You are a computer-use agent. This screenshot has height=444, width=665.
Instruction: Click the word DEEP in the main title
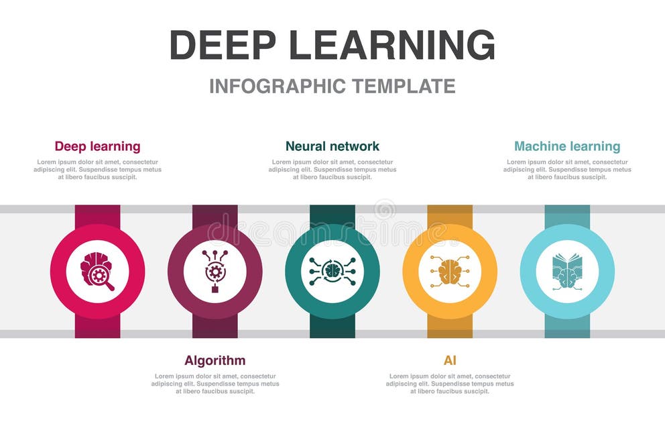(x=222, y=45)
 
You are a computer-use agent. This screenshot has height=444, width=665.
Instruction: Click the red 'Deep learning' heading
(x=97, y=146)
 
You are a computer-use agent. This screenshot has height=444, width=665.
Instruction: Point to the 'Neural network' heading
(x=332, y=146)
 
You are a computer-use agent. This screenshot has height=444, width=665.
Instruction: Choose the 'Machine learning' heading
(x=567, y=146)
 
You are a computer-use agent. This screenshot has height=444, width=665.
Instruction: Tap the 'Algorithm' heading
(x=215, y=360)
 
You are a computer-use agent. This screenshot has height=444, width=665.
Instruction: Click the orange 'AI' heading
(x=450, y=360)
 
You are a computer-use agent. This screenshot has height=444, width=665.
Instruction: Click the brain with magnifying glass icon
(x=97, y=272)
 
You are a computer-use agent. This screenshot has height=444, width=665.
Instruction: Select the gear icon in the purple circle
(x=215, y=272)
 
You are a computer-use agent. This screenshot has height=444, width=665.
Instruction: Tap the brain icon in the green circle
(x=332, y=272)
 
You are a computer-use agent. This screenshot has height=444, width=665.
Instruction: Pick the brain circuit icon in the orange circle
(x=450, y=272)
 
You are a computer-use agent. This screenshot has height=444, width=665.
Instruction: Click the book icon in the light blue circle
(x=567, y=272)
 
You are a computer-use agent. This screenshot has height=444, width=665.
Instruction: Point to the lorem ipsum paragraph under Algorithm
(x=215, y=384)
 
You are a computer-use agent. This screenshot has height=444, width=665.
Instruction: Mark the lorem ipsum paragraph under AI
(x=450, y=384)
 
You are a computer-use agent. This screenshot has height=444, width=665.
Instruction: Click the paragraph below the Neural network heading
(x=332, y=169)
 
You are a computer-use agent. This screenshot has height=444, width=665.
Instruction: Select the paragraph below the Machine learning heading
(x=567, y=169)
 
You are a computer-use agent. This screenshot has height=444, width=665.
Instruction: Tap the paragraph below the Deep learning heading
(x=97, y=169)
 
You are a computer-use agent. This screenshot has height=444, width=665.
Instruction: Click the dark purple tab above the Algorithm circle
(x=215, y=215)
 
